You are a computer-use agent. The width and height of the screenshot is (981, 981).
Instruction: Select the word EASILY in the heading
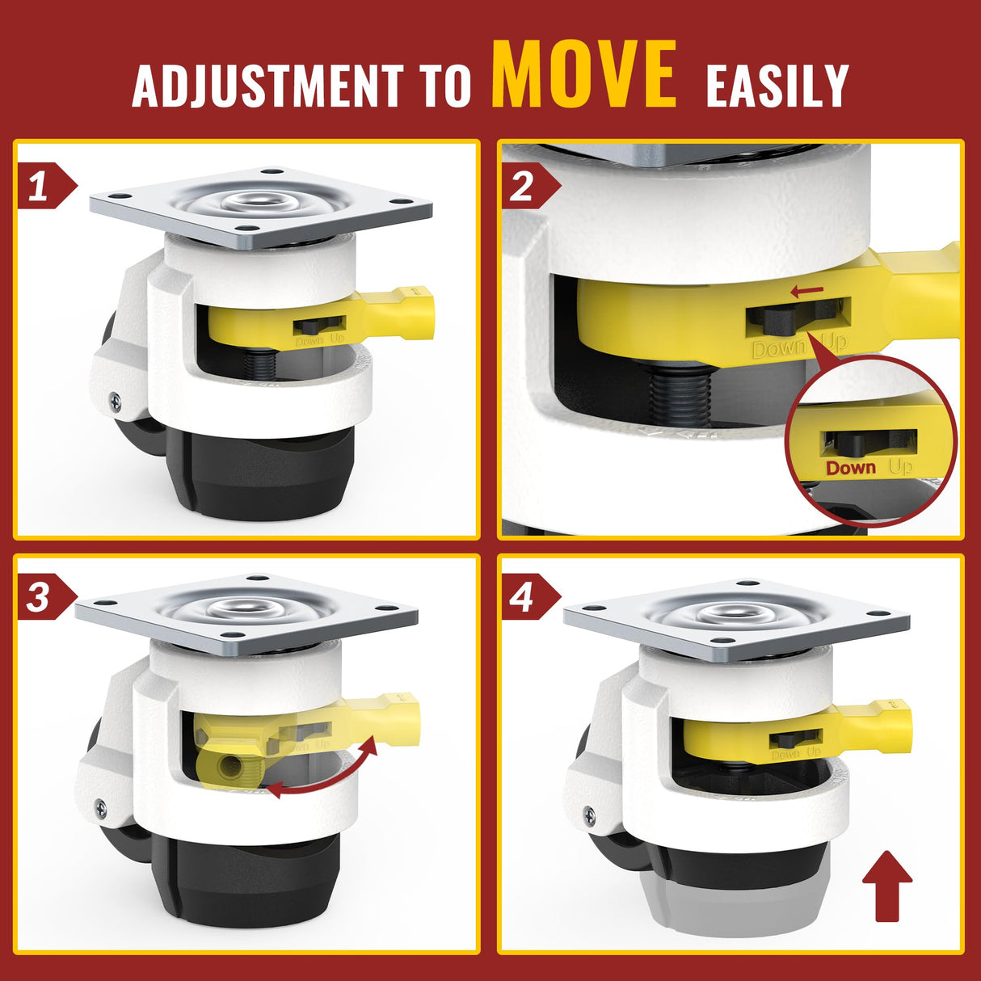[x=777, y=85]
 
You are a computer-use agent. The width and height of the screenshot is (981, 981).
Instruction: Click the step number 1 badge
[x=40, y=187]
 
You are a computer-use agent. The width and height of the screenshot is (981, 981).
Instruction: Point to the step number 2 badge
[x=523, y=187]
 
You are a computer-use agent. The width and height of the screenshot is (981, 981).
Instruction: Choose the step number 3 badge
[x=40, y=599]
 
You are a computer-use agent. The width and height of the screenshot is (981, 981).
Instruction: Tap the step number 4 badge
[x=523, y=599]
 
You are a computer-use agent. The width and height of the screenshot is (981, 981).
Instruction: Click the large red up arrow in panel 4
[x=887, y=884]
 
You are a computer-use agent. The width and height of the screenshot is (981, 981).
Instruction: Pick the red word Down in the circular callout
[x=850, y=468]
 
